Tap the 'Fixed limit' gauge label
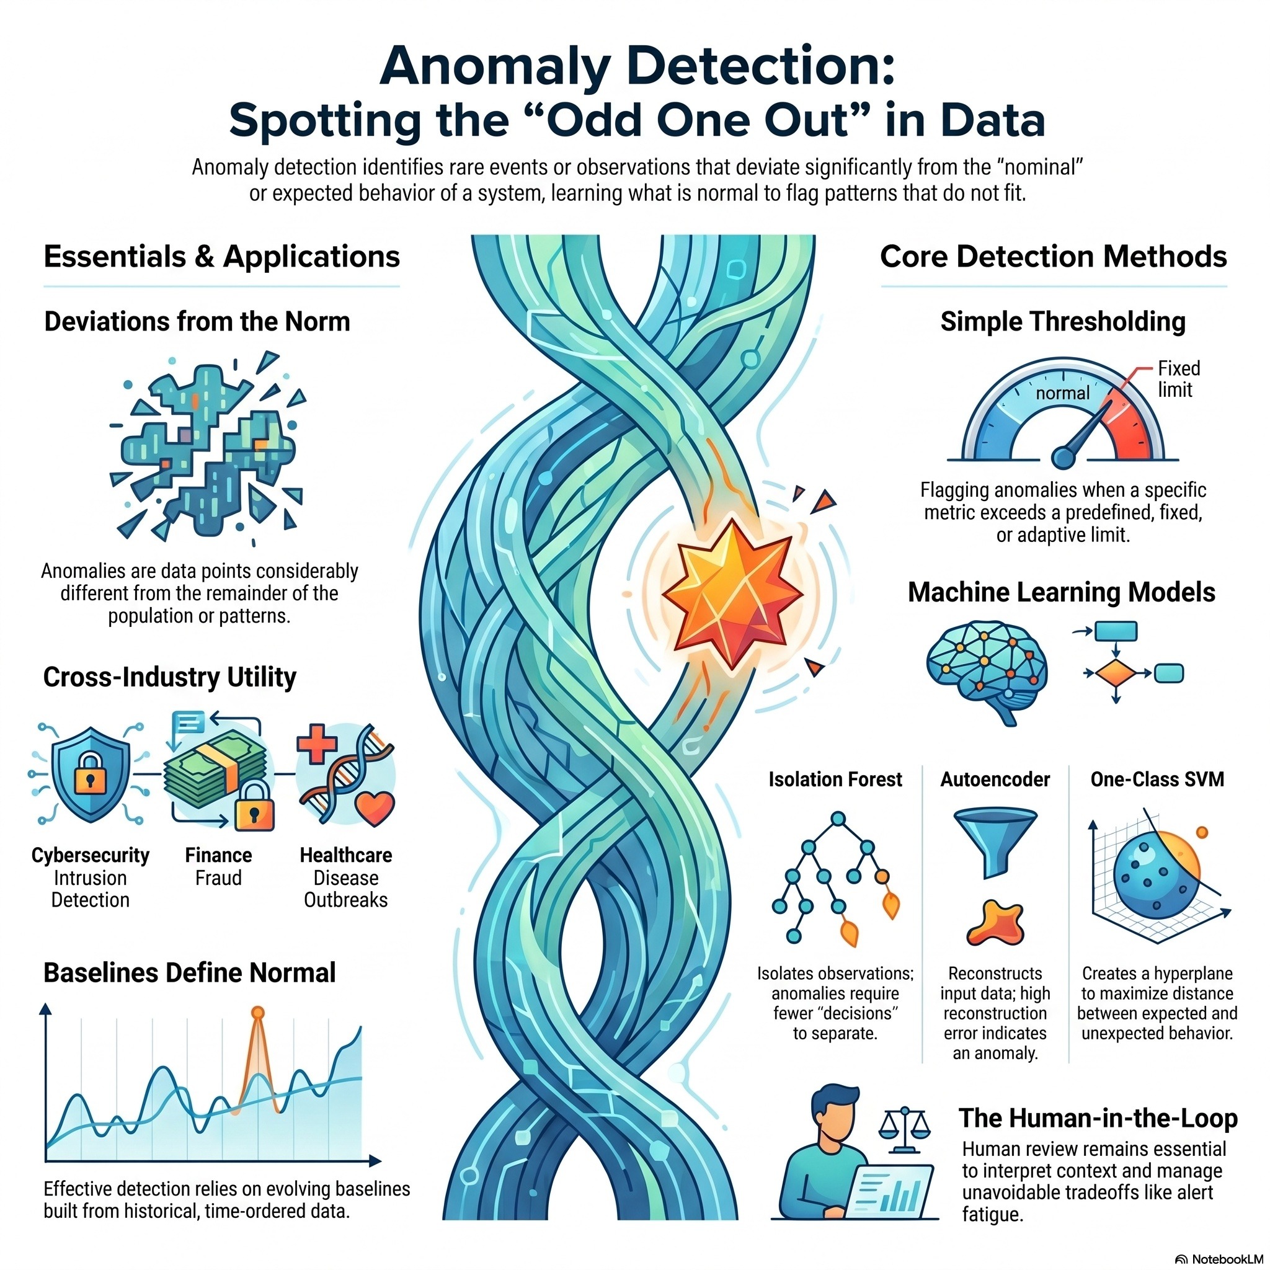click(x=1179, y=379)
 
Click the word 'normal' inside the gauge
click(x=1062, y=393)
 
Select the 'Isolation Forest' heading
click(x=835, y=779)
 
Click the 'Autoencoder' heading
click(x=995, y=779)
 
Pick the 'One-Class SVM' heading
click(x=1157, y=779)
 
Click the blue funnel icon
click(x=995, y=844)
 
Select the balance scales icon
click(x=905, y=1130)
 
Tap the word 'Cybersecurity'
click(x=91, y=855)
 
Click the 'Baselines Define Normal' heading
click(x=189, y=973)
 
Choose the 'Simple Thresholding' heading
click(x=1063, y=322)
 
